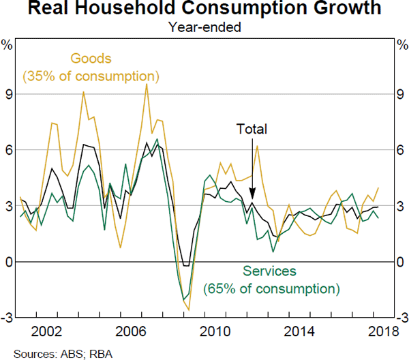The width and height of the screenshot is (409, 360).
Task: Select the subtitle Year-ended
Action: (205, 28)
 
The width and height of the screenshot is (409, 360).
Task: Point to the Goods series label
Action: (91, 59)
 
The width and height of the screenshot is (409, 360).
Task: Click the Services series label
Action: (271, 272)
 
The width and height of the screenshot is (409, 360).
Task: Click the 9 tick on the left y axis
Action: (9, 94)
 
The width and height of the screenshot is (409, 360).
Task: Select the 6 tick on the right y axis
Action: (400, 150)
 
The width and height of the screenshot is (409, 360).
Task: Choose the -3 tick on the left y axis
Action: (7, 318)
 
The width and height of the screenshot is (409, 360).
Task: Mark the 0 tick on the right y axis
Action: (400, 262)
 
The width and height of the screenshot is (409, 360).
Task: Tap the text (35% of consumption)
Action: (91, 75)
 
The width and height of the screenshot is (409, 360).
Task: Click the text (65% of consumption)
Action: (271, 288)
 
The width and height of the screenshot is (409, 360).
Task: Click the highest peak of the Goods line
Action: (146, 85)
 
